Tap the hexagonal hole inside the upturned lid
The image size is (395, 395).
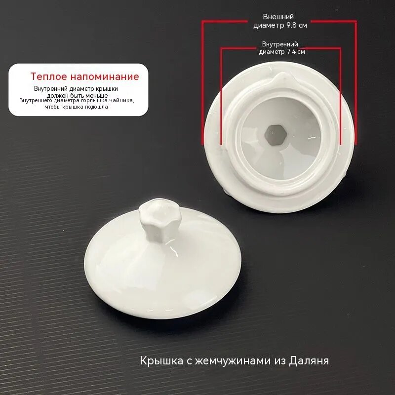275,133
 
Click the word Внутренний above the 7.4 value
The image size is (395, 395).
280,44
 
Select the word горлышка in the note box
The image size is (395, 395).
95,100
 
